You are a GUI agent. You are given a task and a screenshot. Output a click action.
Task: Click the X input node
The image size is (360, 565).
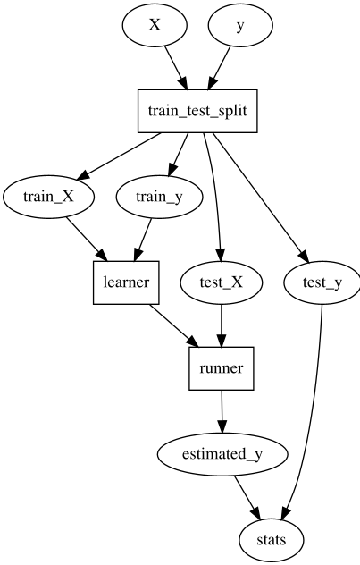[155, 25]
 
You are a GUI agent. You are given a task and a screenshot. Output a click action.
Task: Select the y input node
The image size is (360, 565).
[240, 25]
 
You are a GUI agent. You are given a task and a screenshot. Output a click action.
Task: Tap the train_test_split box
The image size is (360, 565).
[197, 111]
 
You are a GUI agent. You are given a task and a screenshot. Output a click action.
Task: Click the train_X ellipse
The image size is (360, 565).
[48, 197]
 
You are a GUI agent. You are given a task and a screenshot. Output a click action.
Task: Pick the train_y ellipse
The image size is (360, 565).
[159, 197]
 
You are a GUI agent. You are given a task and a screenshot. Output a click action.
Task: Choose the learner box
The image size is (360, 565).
[126, 282]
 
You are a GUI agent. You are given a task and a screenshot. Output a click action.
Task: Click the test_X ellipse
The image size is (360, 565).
[222, 282]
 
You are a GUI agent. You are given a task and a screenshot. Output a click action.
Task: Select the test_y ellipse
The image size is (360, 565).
[322, 282]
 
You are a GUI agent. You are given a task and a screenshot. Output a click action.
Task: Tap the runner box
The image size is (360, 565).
[222, 368]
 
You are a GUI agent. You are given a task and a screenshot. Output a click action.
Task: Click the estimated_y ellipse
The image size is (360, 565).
[222, 454]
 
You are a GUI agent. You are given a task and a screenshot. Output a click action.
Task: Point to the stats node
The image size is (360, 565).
[272, 540]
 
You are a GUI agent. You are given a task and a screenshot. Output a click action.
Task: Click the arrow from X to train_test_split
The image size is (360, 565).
[176, 67]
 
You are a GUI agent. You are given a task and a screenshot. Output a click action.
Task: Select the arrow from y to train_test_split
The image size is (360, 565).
[219, 67]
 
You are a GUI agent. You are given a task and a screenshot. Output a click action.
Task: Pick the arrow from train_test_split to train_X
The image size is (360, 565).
[119, 156]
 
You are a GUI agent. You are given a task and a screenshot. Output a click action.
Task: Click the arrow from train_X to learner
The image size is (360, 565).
[87, 240]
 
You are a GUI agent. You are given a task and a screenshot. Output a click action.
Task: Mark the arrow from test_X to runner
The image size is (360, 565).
[222, 326]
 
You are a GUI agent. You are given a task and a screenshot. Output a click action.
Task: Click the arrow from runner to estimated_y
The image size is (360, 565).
[222, 411]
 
